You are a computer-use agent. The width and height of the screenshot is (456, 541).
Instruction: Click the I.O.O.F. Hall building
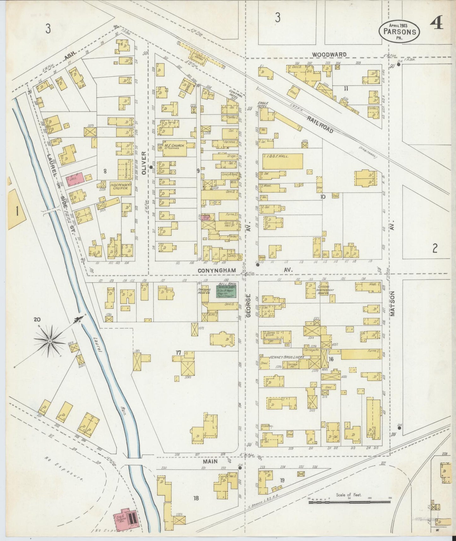click(x=280, y=161)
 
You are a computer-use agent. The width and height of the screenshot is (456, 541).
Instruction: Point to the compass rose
click(x=50, y=341)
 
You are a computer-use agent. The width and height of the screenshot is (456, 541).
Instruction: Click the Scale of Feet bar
click(x=349, y=501)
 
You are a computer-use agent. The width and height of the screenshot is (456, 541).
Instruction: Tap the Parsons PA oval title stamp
click(x=400, y=32)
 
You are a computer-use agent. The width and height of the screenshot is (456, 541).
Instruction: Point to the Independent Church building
click(x=121, y=188)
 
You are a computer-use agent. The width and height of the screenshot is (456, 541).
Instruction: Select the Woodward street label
click(x=329, y=55)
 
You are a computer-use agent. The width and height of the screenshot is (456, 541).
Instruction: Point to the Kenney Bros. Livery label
click(x=287, y=357)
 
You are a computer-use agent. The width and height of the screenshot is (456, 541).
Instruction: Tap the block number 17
click(x=179, y=353)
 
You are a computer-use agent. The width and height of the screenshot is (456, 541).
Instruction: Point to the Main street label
click(x=210, y=461)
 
